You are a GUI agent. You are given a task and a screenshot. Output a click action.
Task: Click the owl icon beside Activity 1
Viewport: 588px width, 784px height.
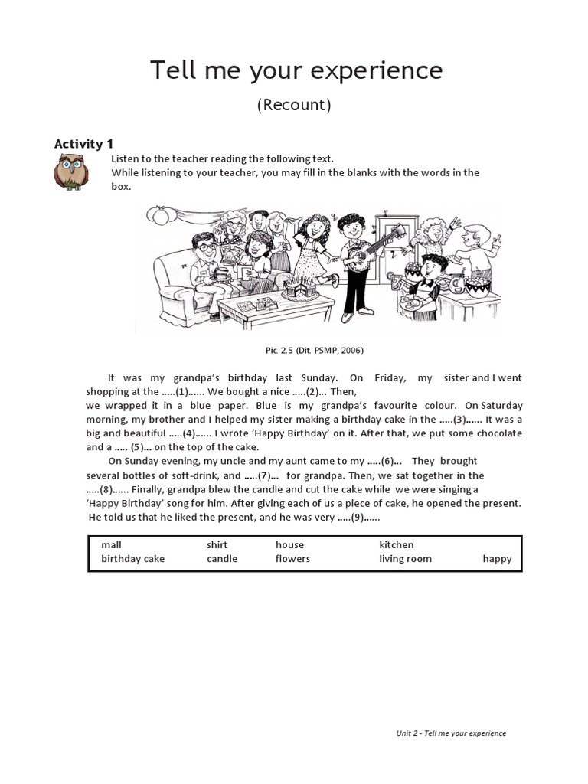point(71,171)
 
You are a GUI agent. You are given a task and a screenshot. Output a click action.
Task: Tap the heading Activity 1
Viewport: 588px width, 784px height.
point(83,143)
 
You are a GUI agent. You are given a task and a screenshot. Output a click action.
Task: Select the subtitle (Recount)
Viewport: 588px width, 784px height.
point(294,105)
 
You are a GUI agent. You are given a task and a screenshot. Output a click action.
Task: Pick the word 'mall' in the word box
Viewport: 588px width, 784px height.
point(111,545)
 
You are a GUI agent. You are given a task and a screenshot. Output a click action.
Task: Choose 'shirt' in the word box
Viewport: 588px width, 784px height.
point(217,545)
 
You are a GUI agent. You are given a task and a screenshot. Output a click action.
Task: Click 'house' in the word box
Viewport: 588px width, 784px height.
point(289,545)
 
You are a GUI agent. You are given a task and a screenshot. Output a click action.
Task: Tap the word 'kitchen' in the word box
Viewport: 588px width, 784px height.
point(396,545)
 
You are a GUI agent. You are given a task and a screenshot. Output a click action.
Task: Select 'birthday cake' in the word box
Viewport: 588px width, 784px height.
point(132,559)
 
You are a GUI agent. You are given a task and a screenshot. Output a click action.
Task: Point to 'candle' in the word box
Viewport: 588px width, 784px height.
point(222,559)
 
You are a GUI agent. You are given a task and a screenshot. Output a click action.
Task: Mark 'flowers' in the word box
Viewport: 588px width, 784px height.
point(292,559)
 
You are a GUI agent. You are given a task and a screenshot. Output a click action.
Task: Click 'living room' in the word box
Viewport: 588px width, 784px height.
point(405,559)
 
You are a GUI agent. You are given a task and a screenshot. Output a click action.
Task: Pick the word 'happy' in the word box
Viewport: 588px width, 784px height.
point(497,559)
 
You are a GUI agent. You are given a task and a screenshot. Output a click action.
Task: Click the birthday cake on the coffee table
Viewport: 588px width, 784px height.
point(299,289)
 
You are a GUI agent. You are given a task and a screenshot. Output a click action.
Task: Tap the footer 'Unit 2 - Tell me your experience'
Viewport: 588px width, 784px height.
point(451,733)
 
